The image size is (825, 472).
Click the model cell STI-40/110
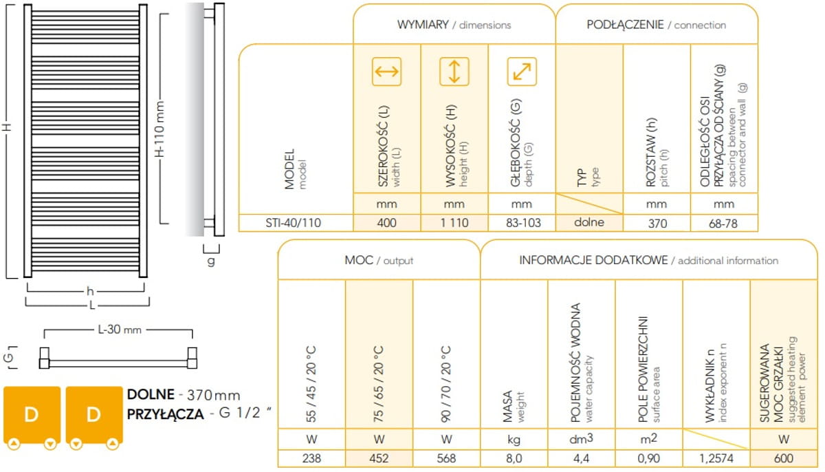coord(293,223)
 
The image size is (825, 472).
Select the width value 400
coord(386,223)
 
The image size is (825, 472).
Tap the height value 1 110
coord(454,223)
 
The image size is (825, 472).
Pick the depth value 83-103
coord(523,223)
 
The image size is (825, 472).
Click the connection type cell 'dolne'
coord(589,222)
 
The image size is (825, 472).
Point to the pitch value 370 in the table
coord(657,224)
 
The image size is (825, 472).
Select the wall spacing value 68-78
coord(723,224)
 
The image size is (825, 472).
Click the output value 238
coord(311,458)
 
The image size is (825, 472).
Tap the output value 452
coord(379,458)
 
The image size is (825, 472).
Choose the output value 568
coord(446,458)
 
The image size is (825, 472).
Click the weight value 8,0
coord(514,458)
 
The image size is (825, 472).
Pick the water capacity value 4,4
coord(581,458)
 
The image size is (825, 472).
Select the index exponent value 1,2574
coord(716,458)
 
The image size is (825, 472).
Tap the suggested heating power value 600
coord(784,458)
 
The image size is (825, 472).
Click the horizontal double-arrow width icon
coord(386,72)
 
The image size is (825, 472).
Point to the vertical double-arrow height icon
coord(454,72)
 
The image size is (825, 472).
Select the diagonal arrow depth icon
coord(522,72)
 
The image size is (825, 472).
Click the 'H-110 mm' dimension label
coord(159,129)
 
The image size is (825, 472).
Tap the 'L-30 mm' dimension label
coord(120,329)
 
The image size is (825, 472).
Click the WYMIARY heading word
coord(423,25)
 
